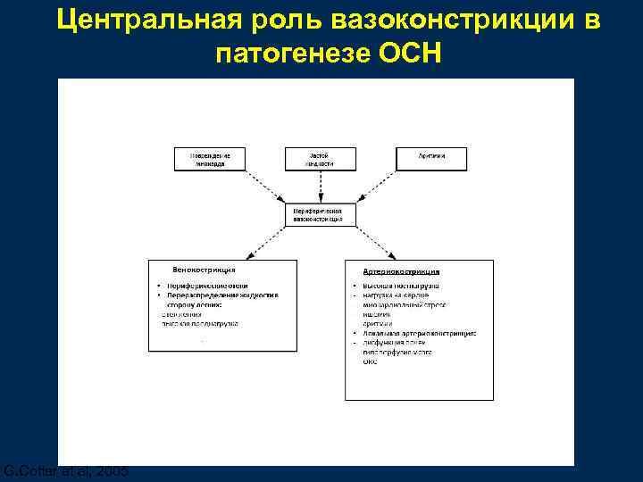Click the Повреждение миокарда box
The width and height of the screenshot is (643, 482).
[209, 159]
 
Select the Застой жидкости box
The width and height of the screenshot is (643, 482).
[320, 159]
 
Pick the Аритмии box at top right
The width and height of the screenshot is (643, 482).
[431, 159]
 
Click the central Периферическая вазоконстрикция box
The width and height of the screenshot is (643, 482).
[320, 214]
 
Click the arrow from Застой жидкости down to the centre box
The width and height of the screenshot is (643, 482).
[320, 187]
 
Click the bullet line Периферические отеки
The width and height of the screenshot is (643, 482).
[202, 285]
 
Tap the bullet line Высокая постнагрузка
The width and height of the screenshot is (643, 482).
[399, 286]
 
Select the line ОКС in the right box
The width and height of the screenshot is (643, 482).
[371, 361]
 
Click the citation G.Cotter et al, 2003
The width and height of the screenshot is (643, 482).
[64, 470]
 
